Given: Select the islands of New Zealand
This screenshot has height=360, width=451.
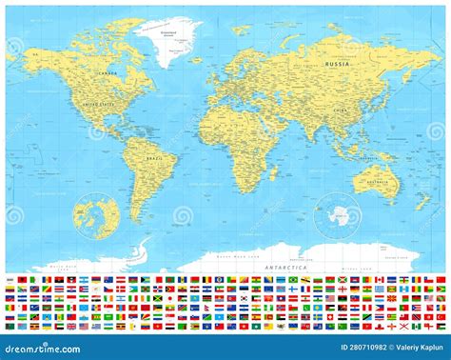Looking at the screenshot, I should tap(430, 205).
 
